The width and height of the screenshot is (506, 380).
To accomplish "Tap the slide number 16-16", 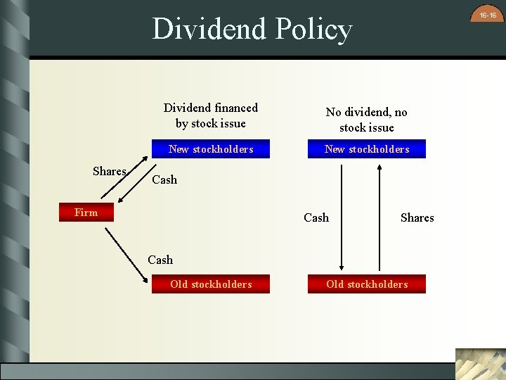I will (488, 15).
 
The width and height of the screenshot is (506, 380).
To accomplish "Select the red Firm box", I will (86, 213).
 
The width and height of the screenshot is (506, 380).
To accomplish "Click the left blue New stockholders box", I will (211, 149).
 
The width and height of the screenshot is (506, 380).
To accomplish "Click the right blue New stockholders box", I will (366, 149).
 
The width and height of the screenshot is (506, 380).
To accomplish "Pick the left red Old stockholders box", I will (211, 284).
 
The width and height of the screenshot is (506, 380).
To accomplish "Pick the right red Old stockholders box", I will (366, 284).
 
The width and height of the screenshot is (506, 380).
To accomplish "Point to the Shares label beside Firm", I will (109, 172).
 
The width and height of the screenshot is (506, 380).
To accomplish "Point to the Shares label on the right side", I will (417, 218).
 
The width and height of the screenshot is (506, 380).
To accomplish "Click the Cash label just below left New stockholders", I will (164, 180).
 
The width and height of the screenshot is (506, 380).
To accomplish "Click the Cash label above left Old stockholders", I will (160, 260).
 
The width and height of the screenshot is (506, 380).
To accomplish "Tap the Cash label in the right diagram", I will (316, 218).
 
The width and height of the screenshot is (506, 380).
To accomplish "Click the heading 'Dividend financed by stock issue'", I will (211, 115).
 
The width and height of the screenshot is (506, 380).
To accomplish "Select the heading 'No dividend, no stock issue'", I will (366, 120).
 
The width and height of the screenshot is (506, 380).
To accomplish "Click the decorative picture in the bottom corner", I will (480, 364).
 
